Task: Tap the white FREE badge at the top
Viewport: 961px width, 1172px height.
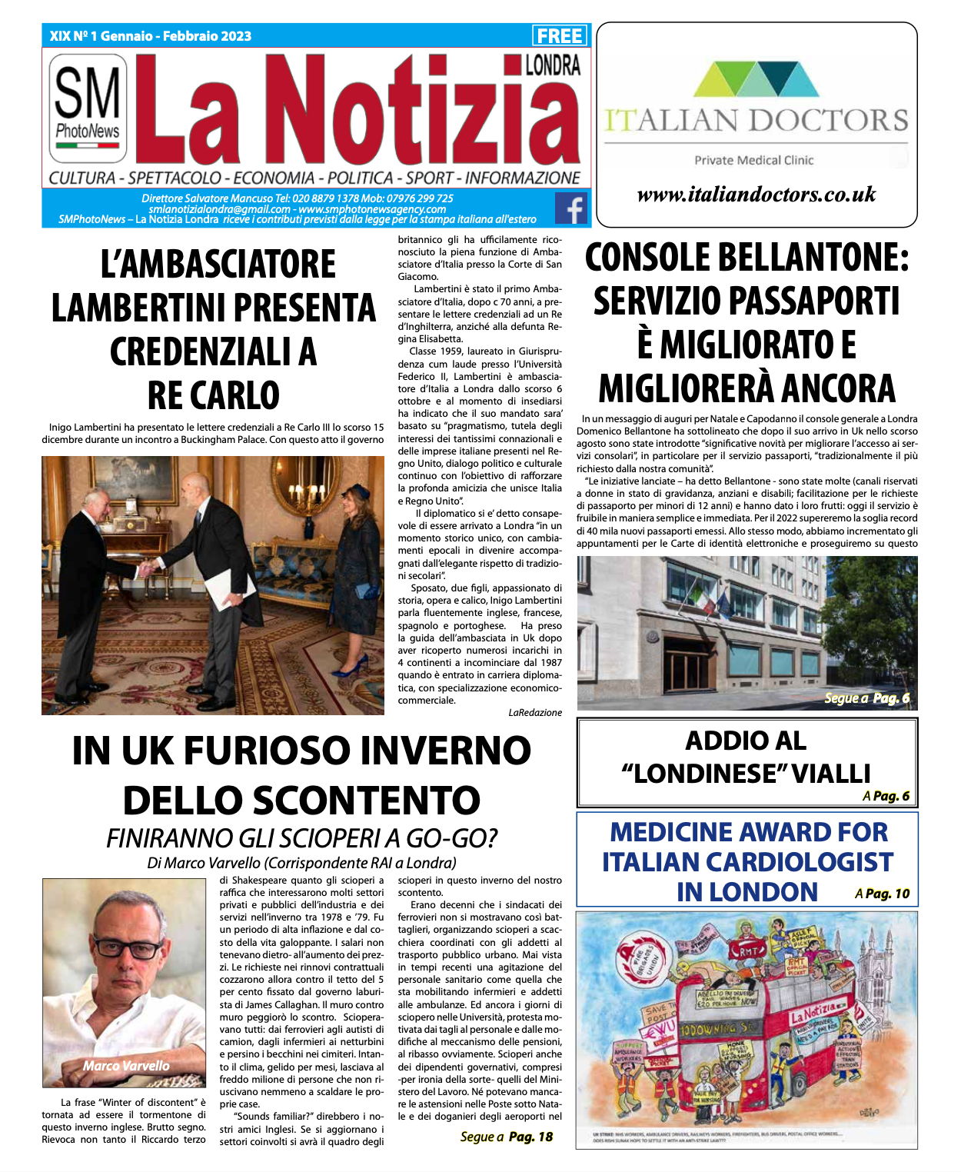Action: tap(560, 35)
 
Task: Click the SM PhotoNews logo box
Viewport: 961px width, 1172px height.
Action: tap(88, 108)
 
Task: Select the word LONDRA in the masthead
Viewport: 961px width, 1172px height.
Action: tap(553, 65)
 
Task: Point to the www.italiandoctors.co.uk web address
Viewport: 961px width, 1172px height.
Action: tap(756, 195)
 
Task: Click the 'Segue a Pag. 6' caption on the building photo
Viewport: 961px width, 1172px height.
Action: tap(866, 698)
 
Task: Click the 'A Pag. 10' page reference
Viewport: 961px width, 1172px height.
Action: tap(882, 894)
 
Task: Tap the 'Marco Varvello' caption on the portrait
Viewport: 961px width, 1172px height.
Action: tap(126, 1065)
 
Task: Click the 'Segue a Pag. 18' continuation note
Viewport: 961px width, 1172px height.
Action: tap(506, 1137)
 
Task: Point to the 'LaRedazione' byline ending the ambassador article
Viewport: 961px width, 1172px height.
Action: tap(535, 713)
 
